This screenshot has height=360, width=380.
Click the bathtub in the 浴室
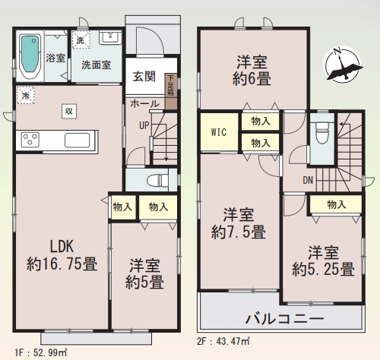tap(30, 56)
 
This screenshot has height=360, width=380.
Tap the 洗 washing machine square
tap(81, 39)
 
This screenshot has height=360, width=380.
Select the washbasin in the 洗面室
tap(110, 38)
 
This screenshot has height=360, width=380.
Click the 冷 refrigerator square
tap(25, 96)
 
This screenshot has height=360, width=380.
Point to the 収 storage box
tap(69, 111)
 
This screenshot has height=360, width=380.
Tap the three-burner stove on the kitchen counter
tap(30, 139)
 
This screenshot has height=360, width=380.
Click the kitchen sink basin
tap(77, 140)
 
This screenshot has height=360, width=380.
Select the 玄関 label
tap(144, 76)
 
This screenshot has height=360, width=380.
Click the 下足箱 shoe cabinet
tap(171, 91)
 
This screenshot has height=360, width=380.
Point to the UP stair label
tap(144, 125)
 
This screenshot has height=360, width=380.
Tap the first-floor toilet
tap(158, 180)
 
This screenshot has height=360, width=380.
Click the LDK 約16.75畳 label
tap(62, 255)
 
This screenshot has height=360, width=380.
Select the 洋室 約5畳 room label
tap(144, 273)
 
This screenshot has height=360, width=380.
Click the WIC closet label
tap(219, 132)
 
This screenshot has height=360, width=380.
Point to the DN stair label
tap(308, 180)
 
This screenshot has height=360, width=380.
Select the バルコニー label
tap(284, 318)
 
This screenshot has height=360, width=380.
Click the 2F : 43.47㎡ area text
tap(223, 342)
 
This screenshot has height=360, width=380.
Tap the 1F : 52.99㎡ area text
tap(41, 352)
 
